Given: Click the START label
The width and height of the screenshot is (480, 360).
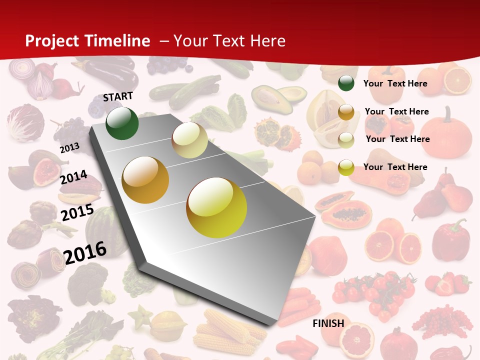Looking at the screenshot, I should pyautogui.click(x=118, y=96).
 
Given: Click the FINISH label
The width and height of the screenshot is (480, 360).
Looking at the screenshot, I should pyautogui.click(x=328, y=323).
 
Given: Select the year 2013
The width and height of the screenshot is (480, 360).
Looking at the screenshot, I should pyautogui.click(x=70, y=147).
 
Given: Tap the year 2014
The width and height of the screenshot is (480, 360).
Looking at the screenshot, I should pyautogui.click(x=73, y=177).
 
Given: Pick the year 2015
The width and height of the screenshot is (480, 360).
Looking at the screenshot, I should pyautogui.click(x=77, y=212).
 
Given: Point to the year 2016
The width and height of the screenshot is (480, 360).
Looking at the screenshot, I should pyautogui.click(x=85, y=252).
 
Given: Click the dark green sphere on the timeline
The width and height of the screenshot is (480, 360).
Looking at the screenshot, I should pyautogui.click(x=122, y=123).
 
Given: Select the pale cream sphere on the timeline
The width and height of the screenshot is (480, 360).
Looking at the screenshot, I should pyautogui.click(x=189, y=140).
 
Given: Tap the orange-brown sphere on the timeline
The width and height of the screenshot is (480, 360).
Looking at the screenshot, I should pyautogui.click(x=145, y=180).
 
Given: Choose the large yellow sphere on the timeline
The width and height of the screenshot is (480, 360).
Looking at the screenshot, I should pyautogui.click(x=216, y=207).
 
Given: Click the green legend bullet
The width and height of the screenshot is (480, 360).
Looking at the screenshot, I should pyautogui.click(x=346, y=83).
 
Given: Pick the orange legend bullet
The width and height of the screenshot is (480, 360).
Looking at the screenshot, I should pyautogui.click(x=346, y=112).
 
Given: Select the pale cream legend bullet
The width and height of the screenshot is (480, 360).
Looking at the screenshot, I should pyautogui.click(x=346, y=139).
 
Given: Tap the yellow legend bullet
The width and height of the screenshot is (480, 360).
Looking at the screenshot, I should pyautogui.click(x=346, y=167).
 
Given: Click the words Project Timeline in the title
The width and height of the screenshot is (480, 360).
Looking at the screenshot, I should pyautogui.click(x=87, y=41).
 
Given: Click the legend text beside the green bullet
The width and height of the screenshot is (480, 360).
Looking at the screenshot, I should pyautogui.click(x=395, y=83).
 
